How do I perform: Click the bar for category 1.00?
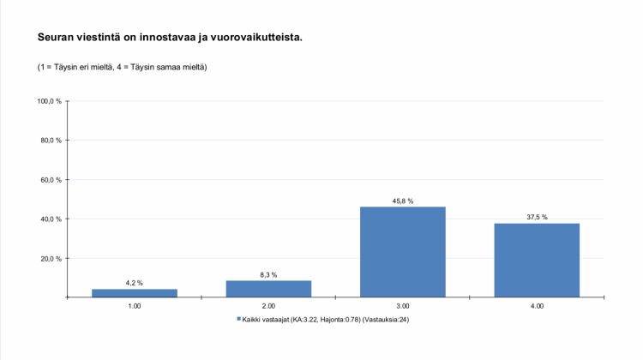[x=135, y=292]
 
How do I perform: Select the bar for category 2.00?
[x=268, y=288]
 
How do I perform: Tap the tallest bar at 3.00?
[x=403, y=251]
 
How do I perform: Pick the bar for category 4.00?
[x=537, y=260]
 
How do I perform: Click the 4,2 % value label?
[x=135, y=283]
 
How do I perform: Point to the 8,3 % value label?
[x=268, y=274]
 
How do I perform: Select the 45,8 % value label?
[x=403, y=201]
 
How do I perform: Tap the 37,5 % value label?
[x=537, y=217]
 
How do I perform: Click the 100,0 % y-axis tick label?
[x=50, y=101]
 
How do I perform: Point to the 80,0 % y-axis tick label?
[x=51, y=141]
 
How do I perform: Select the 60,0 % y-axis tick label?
[x=51, y=180]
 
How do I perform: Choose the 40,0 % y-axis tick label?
[x=51, y=219]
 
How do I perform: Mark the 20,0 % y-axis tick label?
[x=51, y=259]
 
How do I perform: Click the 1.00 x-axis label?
[x=135, y=305]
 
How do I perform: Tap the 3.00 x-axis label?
[x=403, y=305]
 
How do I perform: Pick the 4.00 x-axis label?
[x=537, y=305]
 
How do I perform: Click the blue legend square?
[x=238, y=319]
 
